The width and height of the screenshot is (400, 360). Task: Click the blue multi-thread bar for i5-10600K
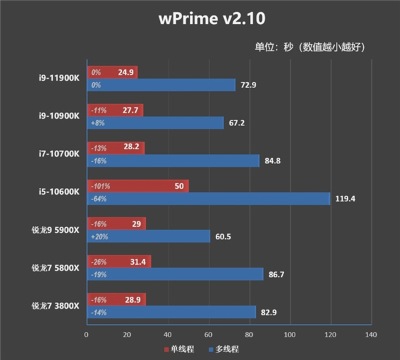[208, 199]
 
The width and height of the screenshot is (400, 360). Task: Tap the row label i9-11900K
[59, 78]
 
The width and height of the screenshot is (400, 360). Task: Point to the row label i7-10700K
[59, 154]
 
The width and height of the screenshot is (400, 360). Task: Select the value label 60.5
[224, 237]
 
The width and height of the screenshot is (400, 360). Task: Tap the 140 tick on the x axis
[371, 335]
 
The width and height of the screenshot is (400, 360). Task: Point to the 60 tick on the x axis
[209, 335]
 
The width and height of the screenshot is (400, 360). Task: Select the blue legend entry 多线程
[225, 349]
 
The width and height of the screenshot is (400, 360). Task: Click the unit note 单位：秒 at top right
[310, 47]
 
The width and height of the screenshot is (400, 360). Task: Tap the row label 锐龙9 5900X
[55, 230]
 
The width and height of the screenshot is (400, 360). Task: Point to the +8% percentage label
[97, 123]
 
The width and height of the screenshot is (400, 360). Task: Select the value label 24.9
[126, 72]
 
